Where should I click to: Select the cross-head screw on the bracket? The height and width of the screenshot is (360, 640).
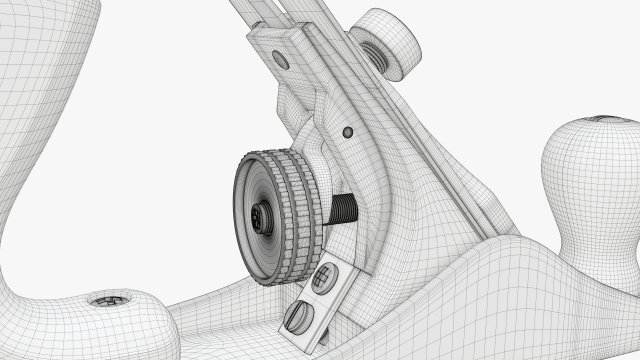coord(324,277)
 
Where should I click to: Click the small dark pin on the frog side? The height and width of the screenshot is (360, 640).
coord(348,131)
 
